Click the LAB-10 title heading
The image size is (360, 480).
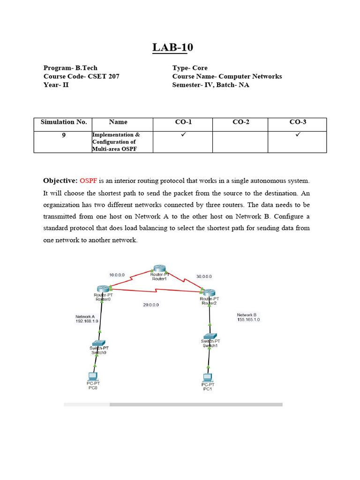pos(172,47)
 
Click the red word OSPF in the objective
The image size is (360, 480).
pos(88,180)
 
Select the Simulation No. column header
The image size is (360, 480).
pos(64,122)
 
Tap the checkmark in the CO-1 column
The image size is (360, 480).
pos(183,135)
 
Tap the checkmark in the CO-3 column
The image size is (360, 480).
pos(297,135)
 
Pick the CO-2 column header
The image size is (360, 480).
pos(240,122)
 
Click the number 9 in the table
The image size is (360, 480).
pos(64,135)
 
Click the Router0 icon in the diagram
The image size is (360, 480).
pos(103,289)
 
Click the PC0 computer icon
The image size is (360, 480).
pos(93,375)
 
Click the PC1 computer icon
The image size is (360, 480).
pos(207,377)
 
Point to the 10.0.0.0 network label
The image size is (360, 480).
pos(117,275)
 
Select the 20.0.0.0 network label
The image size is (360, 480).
pos(151,305)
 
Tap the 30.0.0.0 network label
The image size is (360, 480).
pos(204,277)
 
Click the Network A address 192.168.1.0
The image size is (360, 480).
pos(87,321)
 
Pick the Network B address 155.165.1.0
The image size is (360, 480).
pos(248,319)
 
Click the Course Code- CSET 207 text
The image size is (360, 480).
pos(81,76)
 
